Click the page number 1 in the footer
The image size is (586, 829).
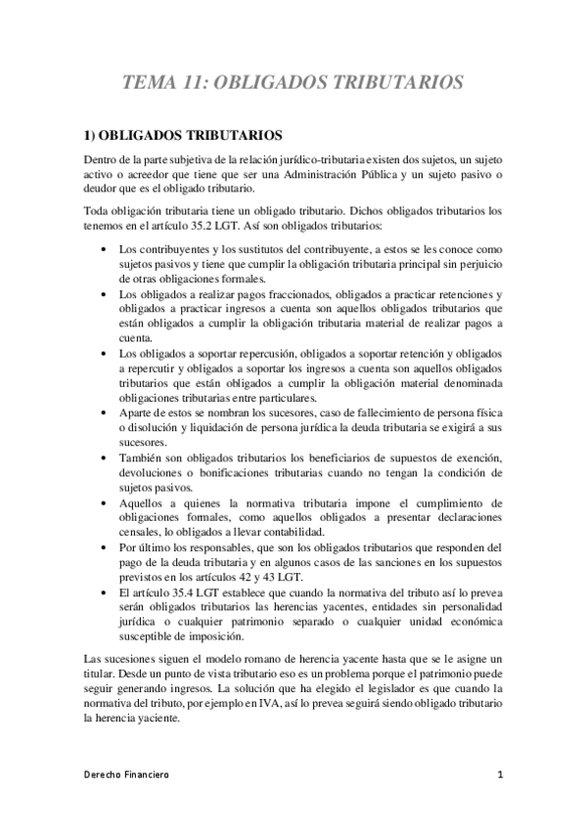coord(499,775)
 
